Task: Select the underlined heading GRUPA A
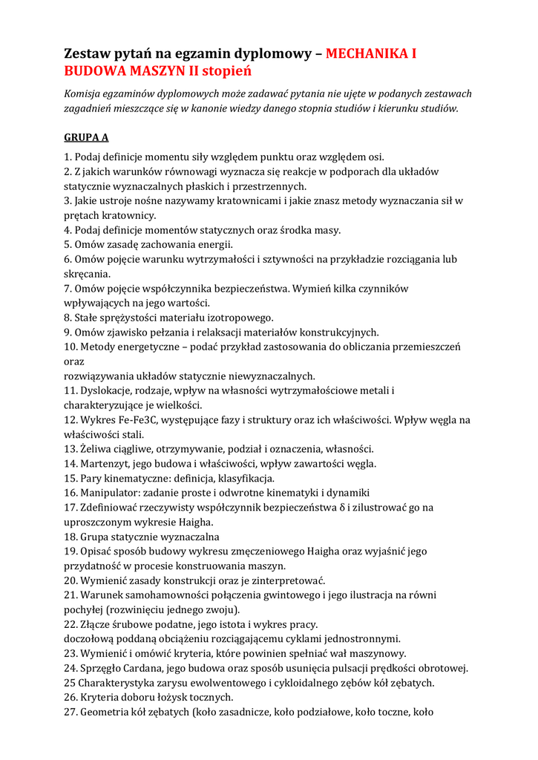[86, 137]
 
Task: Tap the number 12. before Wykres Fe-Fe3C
[72, 420]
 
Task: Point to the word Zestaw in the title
[88, 53]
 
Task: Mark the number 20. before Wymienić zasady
[72, 580]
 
